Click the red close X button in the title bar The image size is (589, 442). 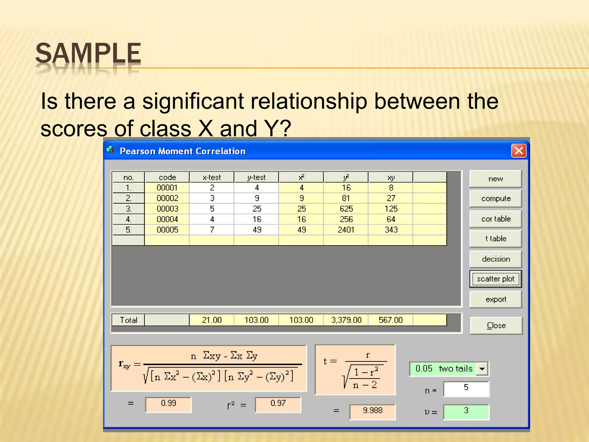click(519, 151)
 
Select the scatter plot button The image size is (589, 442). click(496, 279)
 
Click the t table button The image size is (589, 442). click(496, 239)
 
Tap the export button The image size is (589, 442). click(496, 299)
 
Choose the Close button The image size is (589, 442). click(496, 325)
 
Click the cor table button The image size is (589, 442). click(496, 219)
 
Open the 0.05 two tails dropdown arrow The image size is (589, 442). click(482, 369)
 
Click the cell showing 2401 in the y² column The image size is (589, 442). click(346, 230)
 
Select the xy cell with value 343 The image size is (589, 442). click(391, 230)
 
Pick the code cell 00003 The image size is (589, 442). click(167, 209)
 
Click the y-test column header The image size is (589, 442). click(256, 177)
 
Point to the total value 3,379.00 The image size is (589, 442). click(346, 320)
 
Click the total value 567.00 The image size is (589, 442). click(391, 320)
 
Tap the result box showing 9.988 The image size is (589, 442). click(372, 411)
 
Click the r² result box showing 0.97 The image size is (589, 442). click(278, 403)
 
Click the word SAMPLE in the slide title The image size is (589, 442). click(88, 53)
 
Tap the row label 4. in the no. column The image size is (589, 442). click(129, 219)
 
